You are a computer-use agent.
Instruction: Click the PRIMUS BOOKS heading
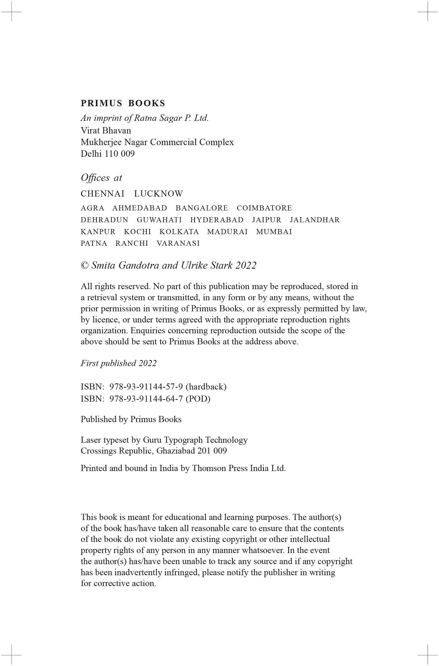[x=123, y=103]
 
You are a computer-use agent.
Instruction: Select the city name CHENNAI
[x=102, y=194]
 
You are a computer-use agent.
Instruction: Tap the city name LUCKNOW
[x=158, y=194]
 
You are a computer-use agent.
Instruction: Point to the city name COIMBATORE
[x=264, y=208]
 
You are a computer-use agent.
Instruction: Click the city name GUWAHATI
[x=159, y=220]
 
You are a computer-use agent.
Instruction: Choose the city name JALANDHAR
[x=315, y=220]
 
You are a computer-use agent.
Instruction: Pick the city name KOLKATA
[x=179, y=232]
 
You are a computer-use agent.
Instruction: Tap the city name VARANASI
[x=178, y=243]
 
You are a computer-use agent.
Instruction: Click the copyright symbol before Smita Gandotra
[x=85, y=266]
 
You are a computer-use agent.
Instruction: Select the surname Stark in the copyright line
[x=222, y=266]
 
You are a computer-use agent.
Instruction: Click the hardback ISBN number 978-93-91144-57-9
[x=146, y=387]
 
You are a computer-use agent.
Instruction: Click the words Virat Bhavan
[x=106, y=130]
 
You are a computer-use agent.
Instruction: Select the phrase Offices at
[x=101, y=178]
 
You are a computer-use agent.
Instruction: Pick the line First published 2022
[x=119, y=363]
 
